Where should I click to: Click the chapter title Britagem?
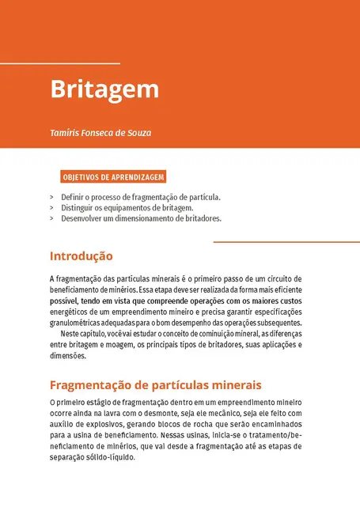104,89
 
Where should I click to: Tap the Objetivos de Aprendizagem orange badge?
113,177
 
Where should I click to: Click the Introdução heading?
81,256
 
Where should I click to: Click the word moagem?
125,346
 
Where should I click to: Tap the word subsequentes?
282,323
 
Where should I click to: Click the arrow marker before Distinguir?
51,207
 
